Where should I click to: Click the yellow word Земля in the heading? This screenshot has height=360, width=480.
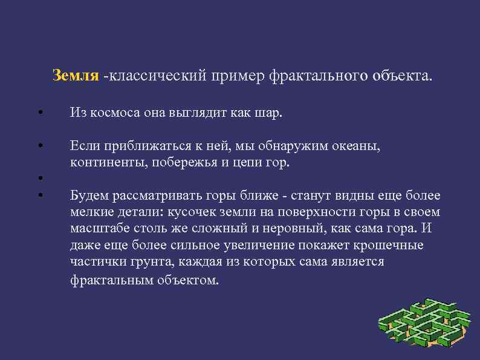pyautogui.click(x=75, y=76)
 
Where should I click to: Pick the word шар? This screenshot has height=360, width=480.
pyautogui.click(x=270, y=113)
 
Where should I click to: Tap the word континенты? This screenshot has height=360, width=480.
pyautogui.click(x=108, y=163)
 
